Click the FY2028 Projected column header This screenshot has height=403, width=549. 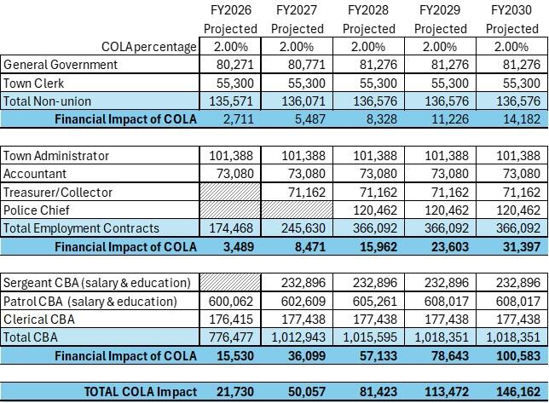[x=367, y=19]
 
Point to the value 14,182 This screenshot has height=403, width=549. [x=515, y=119]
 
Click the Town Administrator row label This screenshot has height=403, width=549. [x=56, y=156]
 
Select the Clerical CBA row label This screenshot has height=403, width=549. [x=39, y=320]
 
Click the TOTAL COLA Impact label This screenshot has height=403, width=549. [x=141, y=392]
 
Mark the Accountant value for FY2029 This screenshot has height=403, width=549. [x=444, y=174]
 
